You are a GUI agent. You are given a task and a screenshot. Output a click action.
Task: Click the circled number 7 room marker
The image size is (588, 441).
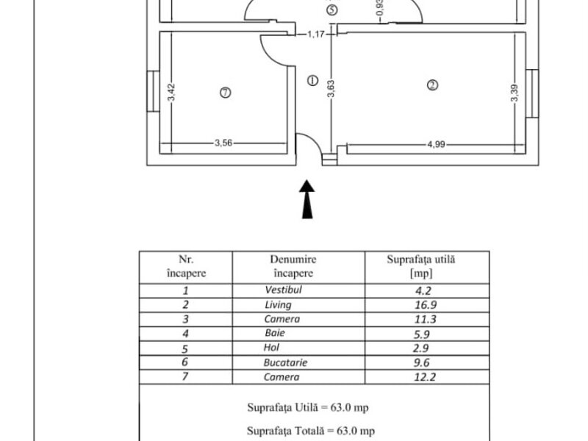tap(226, 93)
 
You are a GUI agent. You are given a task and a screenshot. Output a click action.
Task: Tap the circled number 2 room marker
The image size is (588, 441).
tap(432, 85)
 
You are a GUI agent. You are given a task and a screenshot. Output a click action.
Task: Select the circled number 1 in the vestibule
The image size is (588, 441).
tap(313, 80)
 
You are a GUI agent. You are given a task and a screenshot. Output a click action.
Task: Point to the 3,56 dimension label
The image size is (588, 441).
tap(223, 143)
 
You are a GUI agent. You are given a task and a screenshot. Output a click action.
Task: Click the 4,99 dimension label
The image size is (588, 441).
tap(436, 144)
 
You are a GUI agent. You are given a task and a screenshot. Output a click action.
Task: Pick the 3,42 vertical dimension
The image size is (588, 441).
tap(171, 93)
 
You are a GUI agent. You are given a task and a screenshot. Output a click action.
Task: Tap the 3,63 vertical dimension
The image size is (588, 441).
tap(331, 89)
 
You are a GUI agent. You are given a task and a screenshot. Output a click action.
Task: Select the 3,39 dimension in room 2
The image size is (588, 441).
tap(514, 93)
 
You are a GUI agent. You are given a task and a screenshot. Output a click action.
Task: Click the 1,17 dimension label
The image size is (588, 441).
tap(316, 35)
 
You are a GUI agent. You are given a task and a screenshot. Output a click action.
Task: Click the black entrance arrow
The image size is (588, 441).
tap(307, 199)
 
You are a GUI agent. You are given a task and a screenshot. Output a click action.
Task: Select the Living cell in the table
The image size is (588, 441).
tap(278, 305)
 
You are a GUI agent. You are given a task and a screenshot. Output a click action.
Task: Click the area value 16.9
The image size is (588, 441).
tap(426, 305)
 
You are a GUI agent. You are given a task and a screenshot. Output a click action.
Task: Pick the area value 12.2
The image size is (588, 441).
tap(425, 377)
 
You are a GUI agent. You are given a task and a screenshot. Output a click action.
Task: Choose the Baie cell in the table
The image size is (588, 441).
tap(274, 333)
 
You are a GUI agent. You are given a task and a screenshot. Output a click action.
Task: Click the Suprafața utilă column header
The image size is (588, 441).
tap(421, 266)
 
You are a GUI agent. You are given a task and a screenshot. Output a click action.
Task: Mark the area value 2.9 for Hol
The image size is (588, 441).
tap(420, 348)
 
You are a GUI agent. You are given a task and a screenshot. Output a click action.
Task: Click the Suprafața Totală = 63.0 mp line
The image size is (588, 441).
tap(311, 431)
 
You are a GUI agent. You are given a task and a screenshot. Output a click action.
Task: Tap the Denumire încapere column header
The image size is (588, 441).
tap(293, 266)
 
